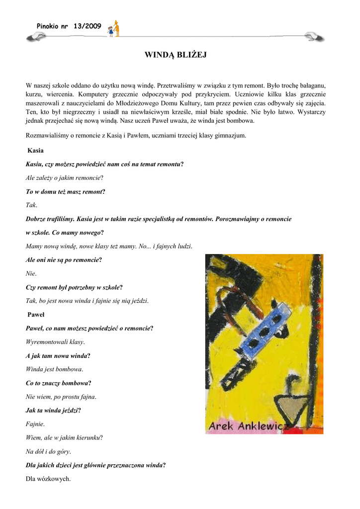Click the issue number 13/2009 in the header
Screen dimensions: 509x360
point(87,26)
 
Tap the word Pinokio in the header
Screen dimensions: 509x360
point(48,26)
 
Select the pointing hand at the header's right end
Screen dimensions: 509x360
point(315,36)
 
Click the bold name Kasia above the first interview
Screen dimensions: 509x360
point(36,150)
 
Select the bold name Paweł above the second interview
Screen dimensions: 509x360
point(36,314)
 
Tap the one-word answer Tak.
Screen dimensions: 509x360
point(31,205)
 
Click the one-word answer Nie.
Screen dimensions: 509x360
point(31,273)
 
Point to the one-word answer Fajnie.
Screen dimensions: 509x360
point(35,424)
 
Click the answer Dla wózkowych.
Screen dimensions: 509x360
point(48,479)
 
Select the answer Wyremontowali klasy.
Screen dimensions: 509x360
point(55,342)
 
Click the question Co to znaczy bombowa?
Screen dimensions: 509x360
point(58,383)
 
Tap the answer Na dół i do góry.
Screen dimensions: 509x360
point(48,451)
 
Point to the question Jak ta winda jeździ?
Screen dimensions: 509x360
point(53,411)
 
